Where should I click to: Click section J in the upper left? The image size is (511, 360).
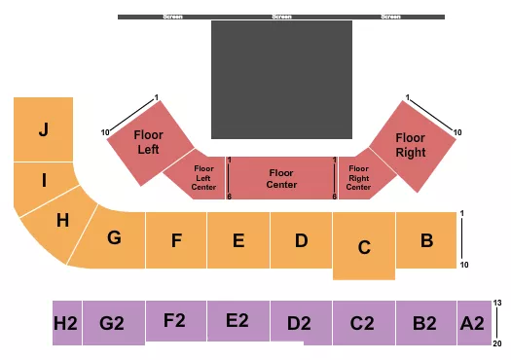pyautogui.click(x=43, y=129)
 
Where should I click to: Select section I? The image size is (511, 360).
pyautogui.click(x=43, y=180)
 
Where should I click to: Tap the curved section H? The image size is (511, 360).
pyautogui.click(x=62, y=221)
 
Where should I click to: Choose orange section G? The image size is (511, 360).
pyautogui.click(x=114, y=238)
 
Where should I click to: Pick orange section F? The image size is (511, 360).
pyautogui.click(x=176, y=239)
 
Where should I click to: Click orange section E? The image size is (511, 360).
pyautogui.click(x=238, y=239)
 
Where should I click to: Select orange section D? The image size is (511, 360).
pyautogui.click(x=301, y=239)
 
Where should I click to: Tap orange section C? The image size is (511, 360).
pyautogui.click(x=364, y=246)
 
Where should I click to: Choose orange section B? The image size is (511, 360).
pyautogui.click(x=426, y=239)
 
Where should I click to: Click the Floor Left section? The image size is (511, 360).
pyautogui.click(x=148, y=141)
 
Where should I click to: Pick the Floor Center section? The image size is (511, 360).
pyautogui.click(x=281, y=179)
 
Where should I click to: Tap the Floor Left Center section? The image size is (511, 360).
pyautogui.click(x=203, y=178)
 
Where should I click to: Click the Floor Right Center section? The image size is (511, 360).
pyautogui.click(x=359, y=178)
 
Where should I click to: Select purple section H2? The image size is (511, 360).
pyautogui.click(x=66, y=323)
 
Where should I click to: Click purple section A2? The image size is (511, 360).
pyautogui.click(x=472, y=322)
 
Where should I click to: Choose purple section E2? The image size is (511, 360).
pyautogui.click(x=238, y=320)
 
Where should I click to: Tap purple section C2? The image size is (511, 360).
pyautogui.click(x=363, y=322)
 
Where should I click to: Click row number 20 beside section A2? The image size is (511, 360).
pyautogui.click(x=499, y=342)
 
